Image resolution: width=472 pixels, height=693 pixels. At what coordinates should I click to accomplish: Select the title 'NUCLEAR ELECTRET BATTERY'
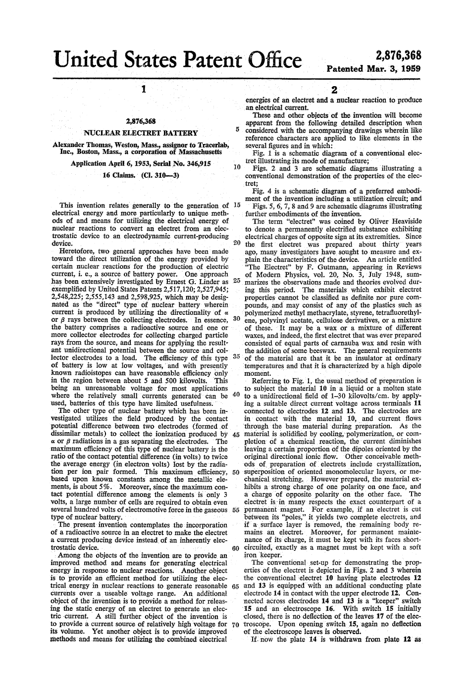pyautogui.click(x=141, y=133)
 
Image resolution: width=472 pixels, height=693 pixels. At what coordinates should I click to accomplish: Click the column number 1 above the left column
pyautogui.click(x=142, y=90)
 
